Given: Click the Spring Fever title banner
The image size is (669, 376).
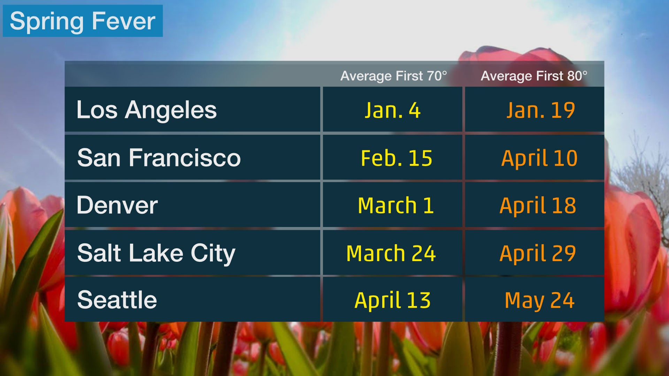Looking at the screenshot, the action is pos(83,21).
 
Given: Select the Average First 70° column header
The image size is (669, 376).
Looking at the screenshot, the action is pos(393,76).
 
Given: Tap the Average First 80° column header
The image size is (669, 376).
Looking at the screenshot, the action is pos(534,76).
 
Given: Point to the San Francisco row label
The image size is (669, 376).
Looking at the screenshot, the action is pos(159,158).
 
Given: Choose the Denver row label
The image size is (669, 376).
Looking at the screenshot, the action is pos(117,205).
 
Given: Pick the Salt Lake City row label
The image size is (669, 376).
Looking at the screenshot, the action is pos(156,253).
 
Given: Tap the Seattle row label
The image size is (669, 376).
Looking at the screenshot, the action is pos(117,300).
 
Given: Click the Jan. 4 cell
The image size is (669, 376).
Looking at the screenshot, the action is pos(393,110).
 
